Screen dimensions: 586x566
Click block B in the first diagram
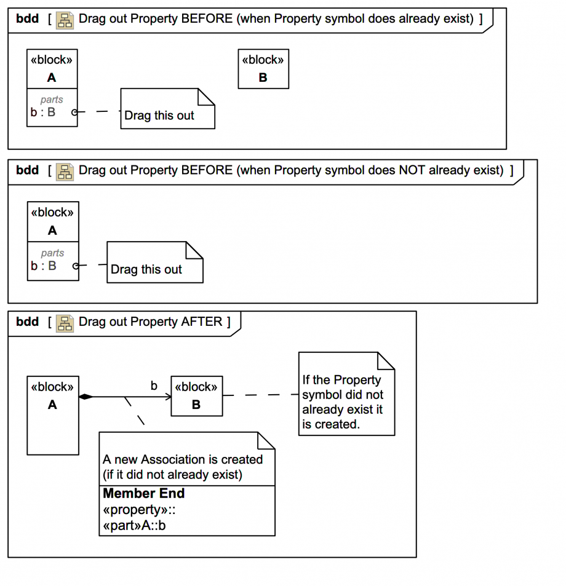(x=263, y=69)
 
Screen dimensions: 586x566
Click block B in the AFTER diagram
(x=196, y=396)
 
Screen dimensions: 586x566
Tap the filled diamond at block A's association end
(x=86, y=397)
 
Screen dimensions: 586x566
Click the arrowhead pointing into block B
(x=167, y=397)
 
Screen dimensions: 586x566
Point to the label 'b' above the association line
(x=154, y=386)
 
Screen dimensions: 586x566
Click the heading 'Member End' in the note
(x=143, y=493)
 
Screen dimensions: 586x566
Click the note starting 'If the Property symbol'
(x=346, y=394)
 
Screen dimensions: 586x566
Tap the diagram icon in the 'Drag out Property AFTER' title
(x=65, y=322)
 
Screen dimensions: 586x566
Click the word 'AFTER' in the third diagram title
(x=202, y=322)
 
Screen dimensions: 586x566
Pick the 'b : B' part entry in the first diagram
(x=43, y=112)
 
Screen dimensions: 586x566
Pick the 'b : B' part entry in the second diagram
(x=44, y=266)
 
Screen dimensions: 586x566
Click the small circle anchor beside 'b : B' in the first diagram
(x=74, y=112)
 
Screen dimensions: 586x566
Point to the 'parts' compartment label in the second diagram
(x=52, y=253)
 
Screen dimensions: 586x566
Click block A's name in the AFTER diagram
(x=52, y=405)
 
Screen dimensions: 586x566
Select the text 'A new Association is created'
(x=183, y=459)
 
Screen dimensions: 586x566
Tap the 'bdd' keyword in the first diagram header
(x=27, y=18)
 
